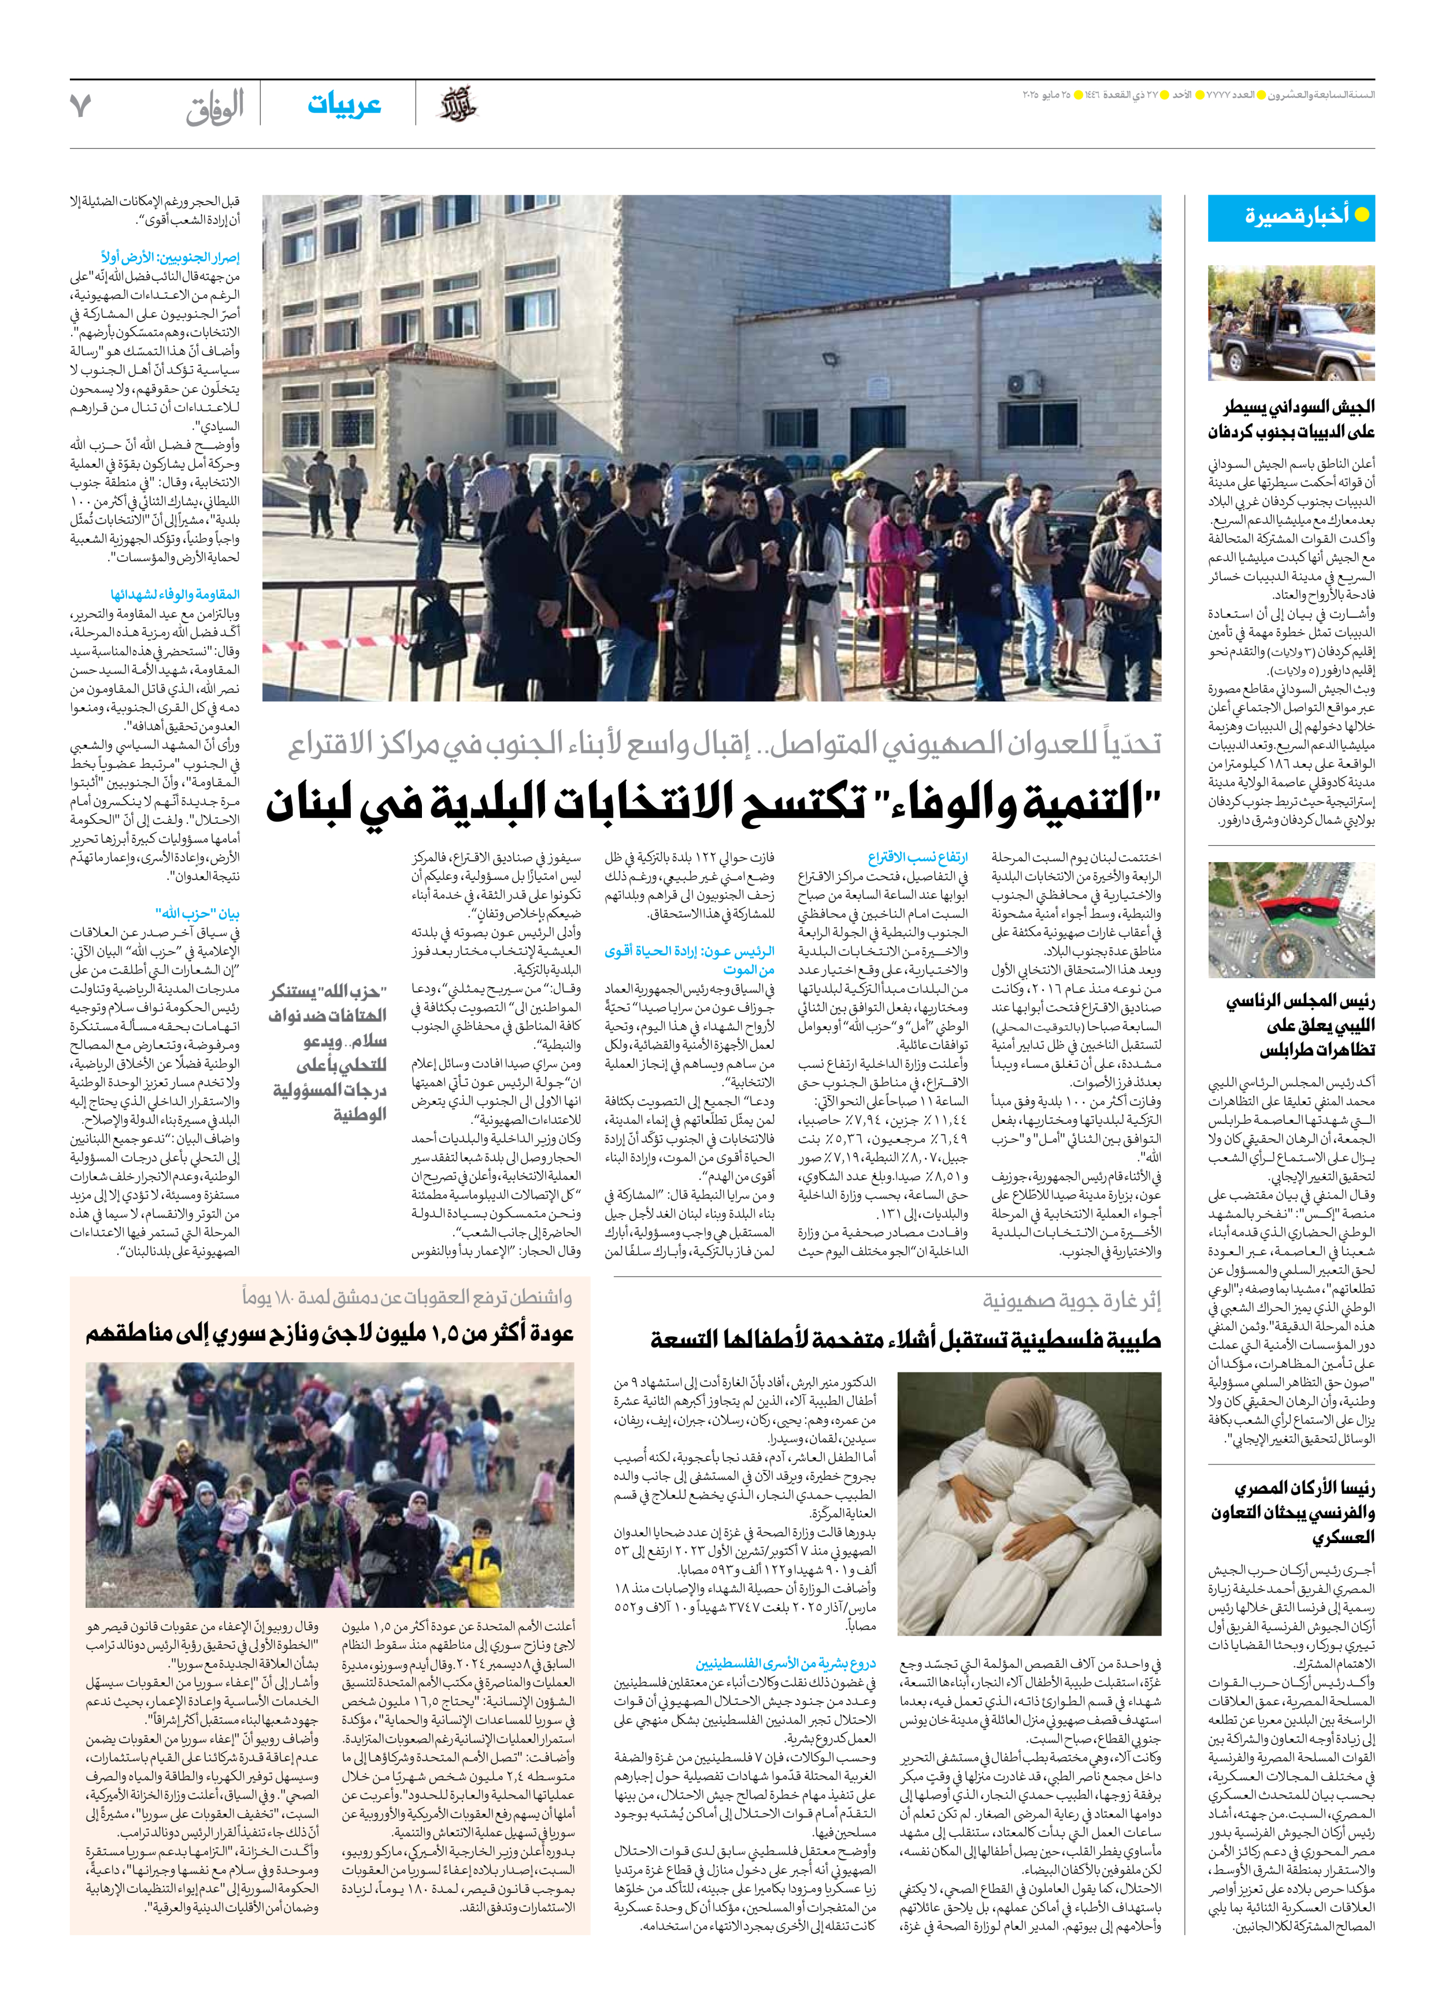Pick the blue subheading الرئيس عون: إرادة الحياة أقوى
coord(690,960)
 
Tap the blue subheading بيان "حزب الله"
coord(197,913)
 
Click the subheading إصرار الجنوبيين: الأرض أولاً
coord(170,257)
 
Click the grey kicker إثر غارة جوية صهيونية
coord(1071,1300)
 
